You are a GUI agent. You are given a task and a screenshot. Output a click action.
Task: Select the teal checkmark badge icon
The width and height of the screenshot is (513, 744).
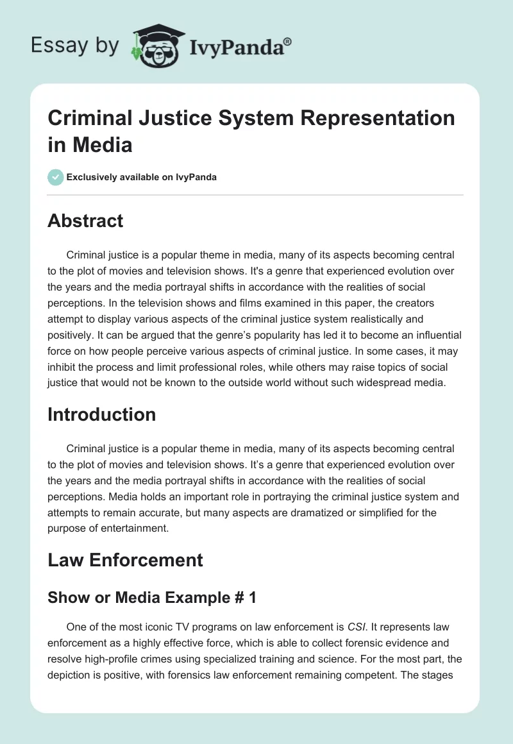click(x=56, y=177)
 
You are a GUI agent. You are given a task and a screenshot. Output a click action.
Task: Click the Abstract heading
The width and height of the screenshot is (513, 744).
click(x=85, y=221)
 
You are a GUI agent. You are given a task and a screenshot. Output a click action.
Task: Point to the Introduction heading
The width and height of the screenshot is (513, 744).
click(x=101, y=414)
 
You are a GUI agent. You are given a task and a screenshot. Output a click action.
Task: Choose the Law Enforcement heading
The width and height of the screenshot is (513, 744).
click(x=125, y=560)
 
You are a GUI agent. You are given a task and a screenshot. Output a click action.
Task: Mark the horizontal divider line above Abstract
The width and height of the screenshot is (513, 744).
click(x=255, y=194)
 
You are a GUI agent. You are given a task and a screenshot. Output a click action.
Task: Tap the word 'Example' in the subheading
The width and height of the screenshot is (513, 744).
click(x=186, y=598)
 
